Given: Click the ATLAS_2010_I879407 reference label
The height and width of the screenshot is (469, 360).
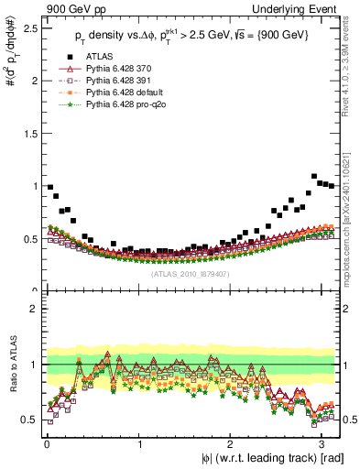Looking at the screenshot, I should [191, 274].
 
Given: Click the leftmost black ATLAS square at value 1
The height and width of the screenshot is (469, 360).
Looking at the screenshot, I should [49, 187].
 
